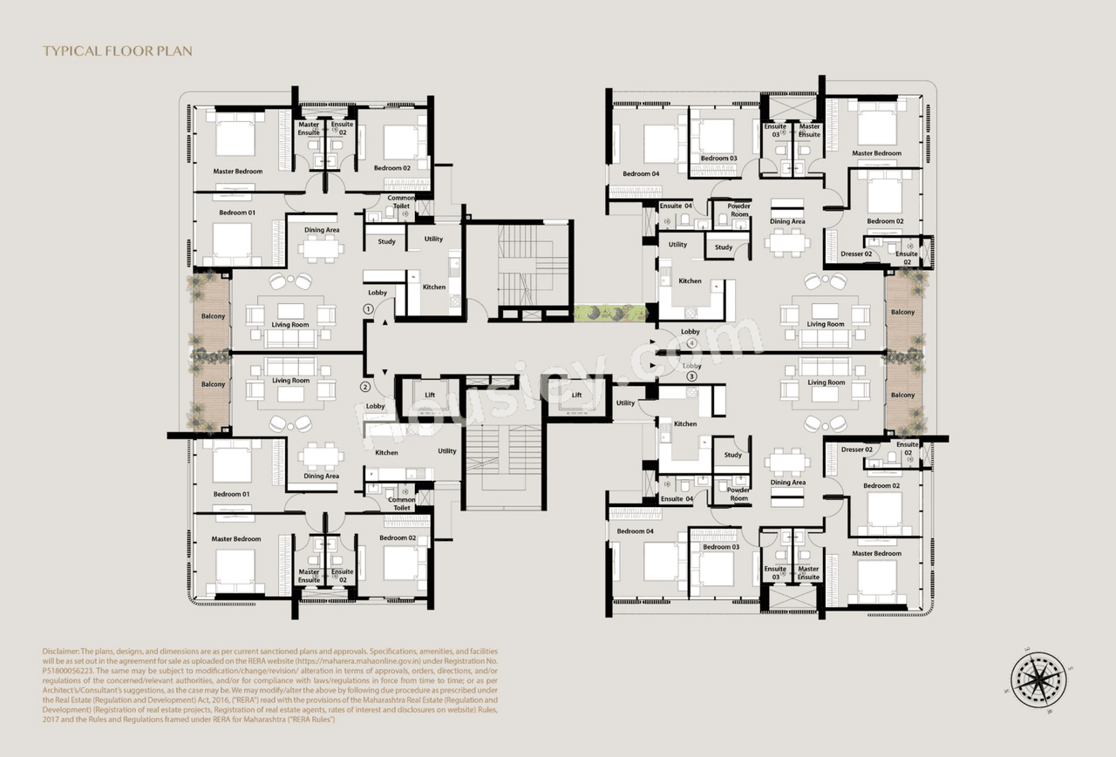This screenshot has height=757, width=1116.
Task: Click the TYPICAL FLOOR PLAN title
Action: pos(118,51)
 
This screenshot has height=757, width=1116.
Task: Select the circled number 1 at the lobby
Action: pos(368,308)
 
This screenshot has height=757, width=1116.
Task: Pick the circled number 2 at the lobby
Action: pos(365,387)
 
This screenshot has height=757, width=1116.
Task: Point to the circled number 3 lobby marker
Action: pos(691,376)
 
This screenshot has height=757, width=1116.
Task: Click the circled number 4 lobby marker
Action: pos(691,342)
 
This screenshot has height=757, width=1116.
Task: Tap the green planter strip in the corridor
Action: pos(610,313)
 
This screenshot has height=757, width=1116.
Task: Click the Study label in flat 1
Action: pos(387,241)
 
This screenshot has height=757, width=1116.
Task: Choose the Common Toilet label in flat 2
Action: pos(402,504)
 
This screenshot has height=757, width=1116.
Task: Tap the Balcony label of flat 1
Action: pos(213,316)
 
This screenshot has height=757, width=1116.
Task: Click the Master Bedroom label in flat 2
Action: pos(235,538)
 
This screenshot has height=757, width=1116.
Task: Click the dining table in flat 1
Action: pos(321,248)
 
